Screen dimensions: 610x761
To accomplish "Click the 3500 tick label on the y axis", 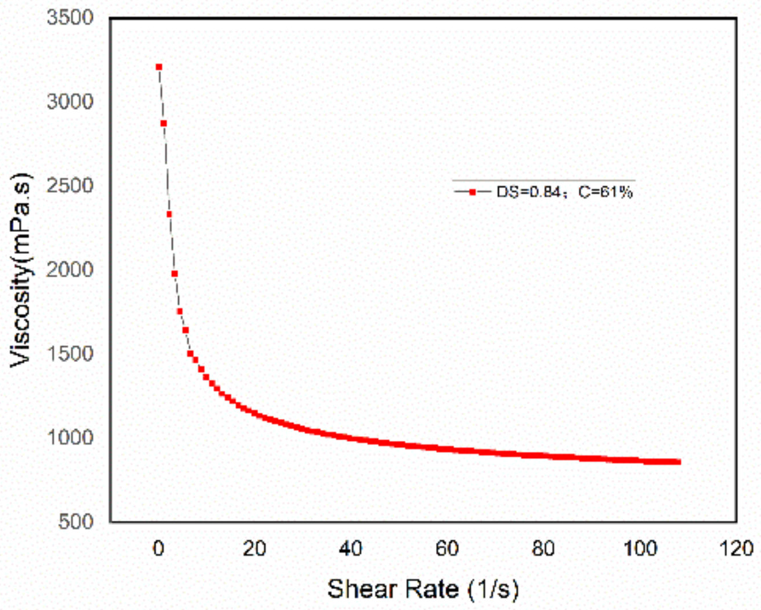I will (70, 17).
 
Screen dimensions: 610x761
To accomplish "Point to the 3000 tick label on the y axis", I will (70, 101).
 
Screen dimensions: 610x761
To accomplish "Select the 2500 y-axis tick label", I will (70, 185).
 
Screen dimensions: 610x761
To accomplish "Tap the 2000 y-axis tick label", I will (70, 269).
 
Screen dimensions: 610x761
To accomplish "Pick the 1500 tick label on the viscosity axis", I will (70, 353).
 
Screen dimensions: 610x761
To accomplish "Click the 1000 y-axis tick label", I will (70, 437).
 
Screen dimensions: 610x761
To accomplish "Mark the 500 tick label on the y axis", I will (75, 521).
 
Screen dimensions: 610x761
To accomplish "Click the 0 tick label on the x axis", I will (159, 548).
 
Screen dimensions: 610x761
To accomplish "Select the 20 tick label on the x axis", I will (254, 548).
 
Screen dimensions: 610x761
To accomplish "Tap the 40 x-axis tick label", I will (350, 548).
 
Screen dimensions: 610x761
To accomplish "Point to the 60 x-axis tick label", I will (447, 548).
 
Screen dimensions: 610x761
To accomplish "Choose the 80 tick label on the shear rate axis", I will (543, 548).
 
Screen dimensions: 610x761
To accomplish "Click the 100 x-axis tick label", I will (640, 548).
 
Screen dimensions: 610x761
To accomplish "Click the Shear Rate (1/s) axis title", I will (423, 589).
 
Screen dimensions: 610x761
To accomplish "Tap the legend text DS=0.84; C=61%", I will (564, 192).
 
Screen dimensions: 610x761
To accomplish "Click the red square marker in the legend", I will (472, 192).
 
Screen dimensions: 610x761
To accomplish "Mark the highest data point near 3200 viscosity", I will (159, 67).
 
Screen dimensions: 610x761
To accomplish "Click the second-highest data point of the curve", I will (164, 123).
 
